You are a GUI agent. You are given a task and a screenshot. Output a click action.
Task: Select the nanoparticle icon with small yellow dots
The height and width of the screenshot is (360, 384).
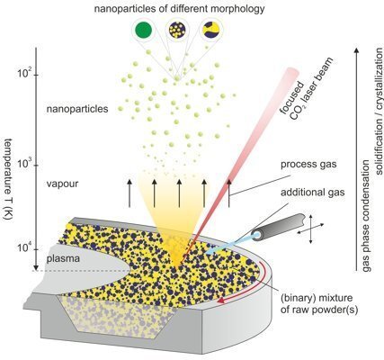click(x=177, y=30)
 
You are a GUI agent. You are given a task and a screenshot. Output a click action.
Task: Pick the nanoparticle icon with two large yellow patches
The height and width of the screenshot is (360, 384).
click(x=212, y=30)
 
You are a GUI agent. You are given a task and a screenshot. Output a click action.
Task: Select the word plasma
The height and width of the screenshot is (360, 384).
click(x=63, y=258)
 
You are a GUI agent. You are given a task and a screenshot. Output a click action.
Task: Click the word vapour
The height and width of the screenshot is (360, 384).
click(x=62, y=184)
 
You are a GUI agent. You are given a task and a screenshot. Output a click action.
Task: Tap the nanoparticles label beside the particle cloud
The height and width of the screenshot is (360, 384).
click(x=77, y=109)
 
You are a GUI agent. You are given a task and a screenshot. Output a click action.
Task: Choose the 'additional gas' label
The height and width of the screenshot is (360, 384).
click(x=313, y=192)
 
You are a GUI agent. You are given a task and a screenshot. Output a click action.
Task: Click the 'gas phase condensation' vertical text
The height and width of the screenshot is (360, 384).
click(x=366, y=215)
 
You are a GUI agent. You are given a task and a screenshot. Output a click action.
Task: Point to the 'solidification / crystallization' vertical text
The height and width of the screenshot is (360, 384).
click(x=380, y=111)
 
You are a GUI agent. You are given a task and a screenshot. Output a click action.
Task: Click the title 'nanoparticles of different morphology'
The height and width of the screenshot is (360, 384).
click(x=180, y=8)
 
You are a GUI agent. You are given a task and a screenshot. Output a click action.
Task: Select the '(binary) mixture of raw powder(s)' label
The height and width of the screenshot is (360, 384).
click(x=319, y=304)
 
